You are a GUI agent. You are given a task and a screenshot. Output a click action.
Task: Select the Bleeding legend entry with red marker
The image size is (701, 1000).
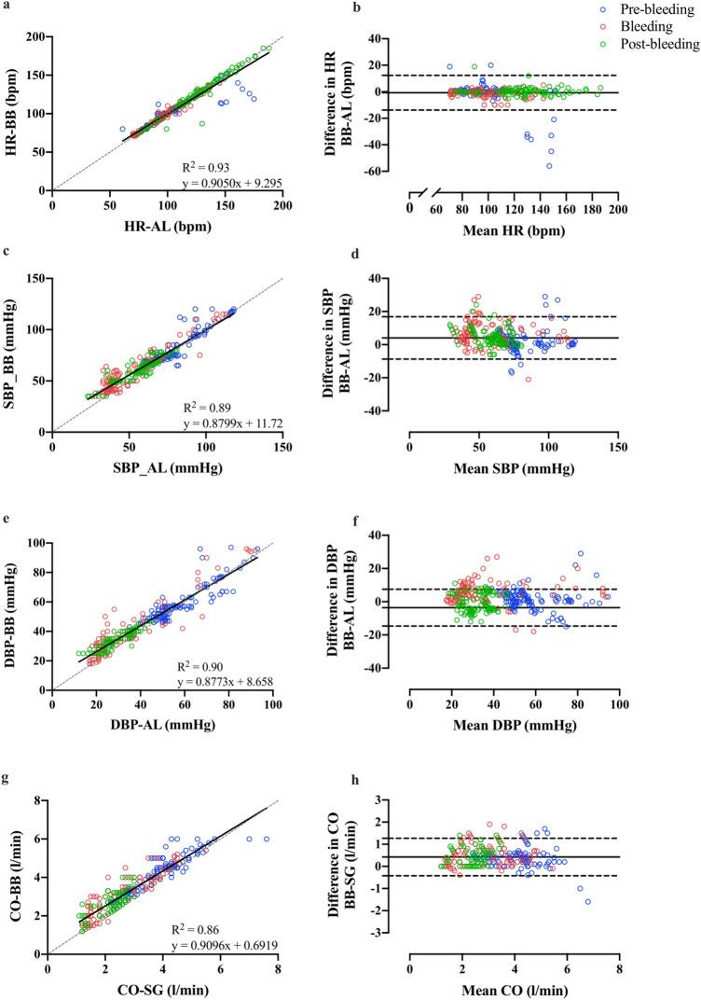coord(643,27)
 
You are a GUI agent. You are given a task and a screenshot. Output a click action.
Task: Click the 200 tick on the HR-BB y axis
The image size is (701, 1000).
coord(34,36)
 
